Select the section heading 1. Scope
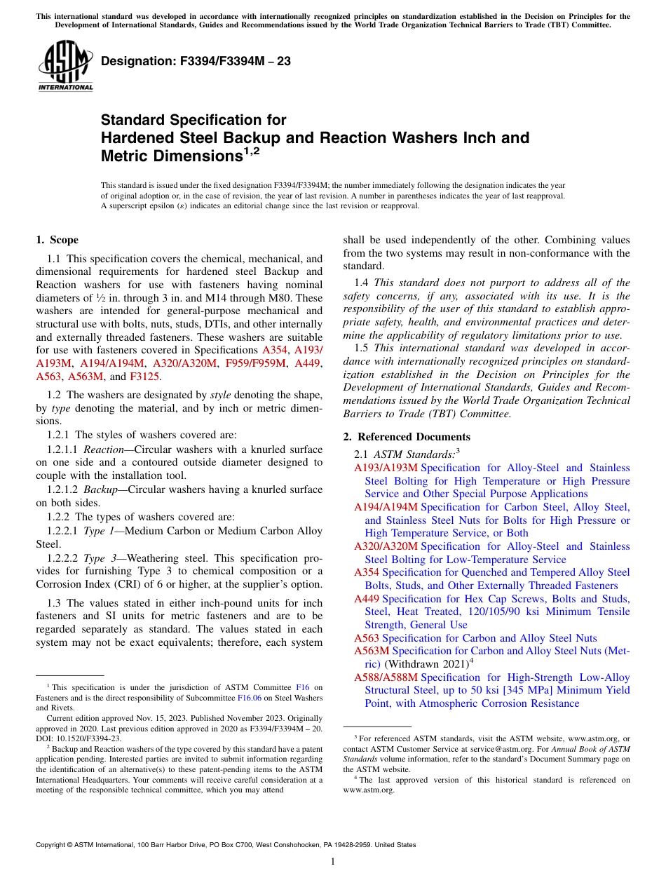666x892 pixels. coord(57,240)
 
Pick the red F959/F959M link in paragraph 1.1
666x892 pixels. coord(256,363)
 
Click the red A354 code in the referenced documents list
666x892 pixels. coord(366,572)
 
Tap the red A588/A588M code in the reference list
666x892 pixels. coord(386,677)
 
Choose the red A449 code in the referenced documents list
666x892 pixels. coord(366,599)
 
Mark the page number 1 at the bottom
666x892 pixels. coord(333,862)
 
